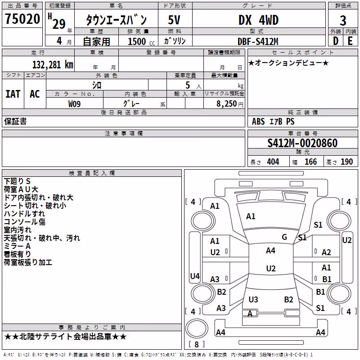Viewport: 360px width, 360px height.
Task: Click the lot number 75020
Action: coord(22,19)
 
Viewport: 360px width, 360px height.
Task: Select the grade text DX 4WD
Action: coord(258,20)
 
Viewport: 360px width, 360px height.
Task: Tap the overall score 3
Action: coord(343,21)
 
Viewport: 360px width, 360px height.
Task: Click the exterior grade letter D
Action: coord(336,41)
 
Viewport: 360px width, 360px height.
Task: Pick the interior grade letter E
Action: coord(350,41)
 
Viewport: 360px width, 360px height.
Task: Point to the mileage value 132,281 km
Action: coord(53,64)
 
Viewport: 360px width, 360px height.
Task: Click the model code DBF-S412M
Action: coord(258,41)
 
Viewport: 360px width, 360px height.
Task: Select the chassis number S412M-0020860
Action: coord(302,143)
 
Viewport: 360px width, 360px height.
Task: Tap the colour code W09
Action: coord(74,104)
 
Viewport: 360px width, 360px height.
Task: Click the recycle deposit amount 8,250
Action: coord(227,103)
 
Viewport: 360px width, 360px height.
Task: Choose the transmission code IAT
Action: coord(13,94)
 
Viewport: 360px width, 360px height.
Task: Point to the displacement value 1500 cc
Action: coord(141,41)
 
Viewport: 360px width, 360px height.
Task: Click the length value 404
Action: coord(273,162)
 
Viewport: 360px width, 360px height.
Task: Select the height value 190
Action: coord(346,162)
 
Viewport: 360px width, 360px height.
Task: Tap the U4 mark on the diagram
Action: coord(195,276)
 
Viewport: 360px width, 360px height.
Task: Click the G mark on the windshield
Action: coord(284,237)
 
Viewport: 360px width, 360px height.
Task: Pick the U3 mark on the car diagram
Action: coord(253,299)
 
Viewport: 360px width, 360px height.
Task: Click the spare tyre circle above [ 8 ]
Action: coord(197,328)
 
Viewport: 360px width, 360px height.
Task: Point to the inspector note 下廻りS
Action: coord(17,181)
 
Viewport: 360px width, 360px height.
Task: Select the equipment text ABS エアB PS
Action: coord(273,121)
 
